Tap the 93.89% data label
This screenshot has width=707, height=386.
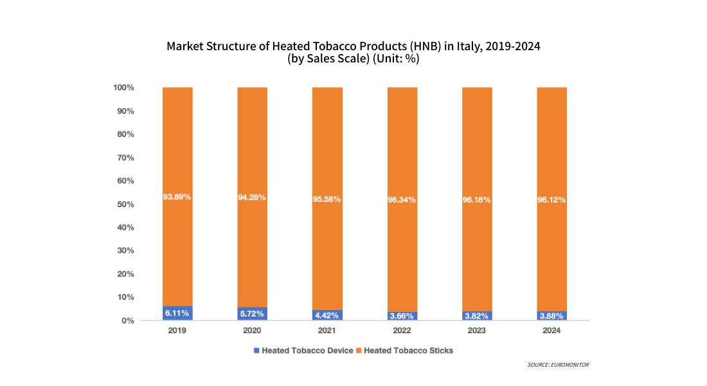177,197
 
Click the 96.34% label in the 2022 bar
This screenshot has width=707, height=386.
402,199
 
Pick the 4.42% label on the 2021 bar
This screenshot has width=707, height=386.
327,315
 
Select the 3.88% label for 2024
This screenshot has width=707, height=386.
551,316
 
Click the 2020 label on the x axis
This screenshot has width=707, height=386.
252,331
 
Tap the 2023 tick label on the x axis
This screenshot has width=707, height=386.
477,331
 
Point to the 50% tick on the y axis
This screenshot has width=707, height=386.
125,204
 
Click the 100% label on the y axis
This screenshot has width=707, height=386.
123,87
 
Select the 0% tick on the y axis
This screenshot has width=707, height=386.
127,320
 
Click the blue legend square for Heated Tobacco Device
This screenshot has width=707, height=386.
257,351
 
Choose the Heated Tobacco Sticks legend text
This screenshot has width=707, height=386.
409,351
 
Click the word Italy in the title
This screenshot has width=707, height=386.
469,46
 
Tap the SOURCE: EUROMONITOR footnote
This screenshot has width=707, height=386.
558,365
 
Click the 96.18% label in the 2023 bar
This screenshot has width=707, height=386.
477,199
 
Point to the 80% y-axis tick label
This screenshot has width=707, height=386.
125,134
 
